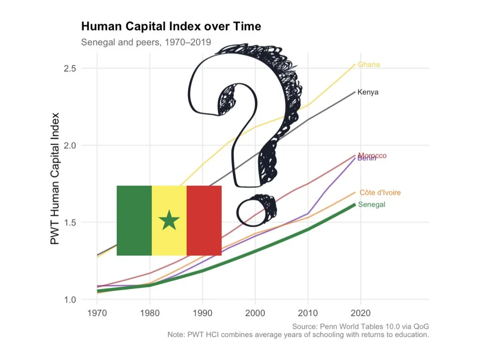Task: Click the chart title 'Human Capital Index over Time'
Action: [171, 26]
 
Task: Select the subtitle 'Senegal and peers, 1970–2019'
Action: [146, 42]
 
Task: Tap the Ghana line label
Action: [368, 65]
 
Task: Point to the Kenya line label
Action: [367, 92]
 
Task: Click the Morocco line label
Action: [373, 155]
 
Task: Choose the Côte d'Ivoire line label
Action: [380, 193]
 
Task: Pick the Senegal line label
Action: [372, 204]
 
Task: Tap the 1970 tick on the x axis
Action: [97, 313]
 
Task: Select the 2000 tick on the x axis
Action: [255, 313]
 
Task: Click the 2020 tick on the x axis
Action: [360, 313]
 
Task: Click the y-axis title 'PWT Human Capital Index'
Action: [55, 178]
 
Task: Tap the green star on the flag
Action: [169, 220]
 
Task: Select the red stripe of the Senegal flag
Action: [204, 220]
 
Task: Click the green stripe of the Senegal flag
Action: [134, 220]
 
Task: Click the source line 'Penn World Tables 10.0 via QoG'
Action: [360, 326]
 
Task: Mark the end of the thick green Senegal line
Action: [354, 205]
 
